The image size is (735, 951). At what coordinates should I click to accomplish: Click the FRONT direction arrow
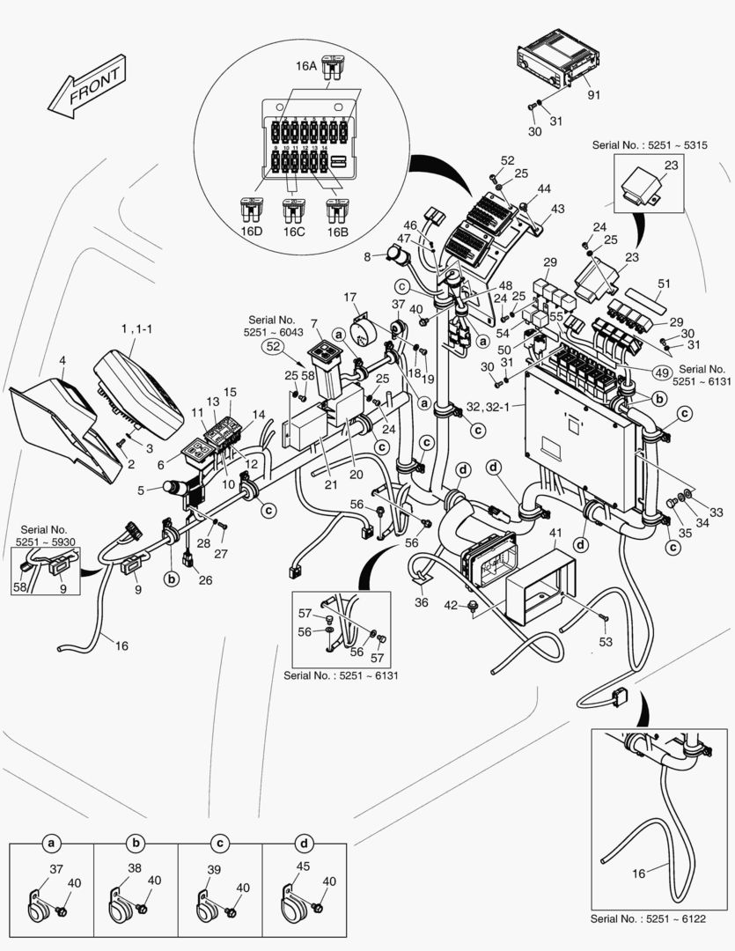(x=85, y=93)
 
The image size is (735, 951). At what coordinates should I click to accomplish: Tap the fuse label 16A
(x=305, y=64)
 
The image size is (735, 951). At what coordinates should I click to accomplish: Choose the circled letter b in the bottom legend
(x=136, y=844)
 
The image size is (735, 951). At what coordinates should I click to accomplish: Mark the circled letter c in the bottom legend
(x=219, y=844)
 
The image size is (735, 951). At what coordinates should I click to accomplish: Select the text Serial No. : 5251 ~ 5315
(x=643, y=144)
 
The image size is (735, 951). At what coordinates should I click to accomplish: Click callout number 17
(x=350, y=297)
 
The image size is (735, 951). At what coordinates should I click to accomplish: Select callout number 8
(x=367, y=257)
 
